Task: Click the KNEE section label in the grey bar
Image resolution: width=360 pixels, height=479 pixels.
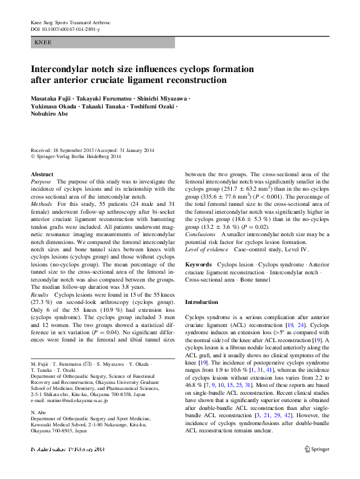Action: pos(43,43)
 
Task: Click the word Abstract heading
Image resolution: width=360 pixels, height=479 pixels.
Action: pos(42,174)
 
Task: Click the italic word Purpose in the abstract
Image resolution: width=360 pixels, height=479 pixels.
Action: pos(41,182)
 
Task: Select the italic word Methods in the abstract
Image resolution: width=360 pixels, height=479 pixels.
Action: pos(41,205)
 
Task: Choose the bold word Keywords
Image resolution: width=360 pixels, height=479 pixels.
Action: pos(198,265)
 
